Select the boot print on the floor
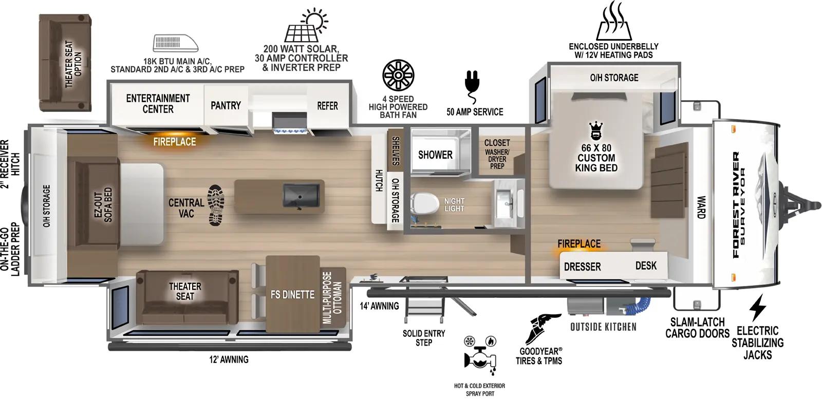click(216, 205)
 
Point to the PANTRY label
click(226, 105)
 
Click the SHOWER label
click(435, 155)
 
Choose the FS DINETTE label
click(292, 295)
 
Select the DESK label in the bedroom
click(646, 265)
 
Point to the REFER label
click(327, 106)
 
